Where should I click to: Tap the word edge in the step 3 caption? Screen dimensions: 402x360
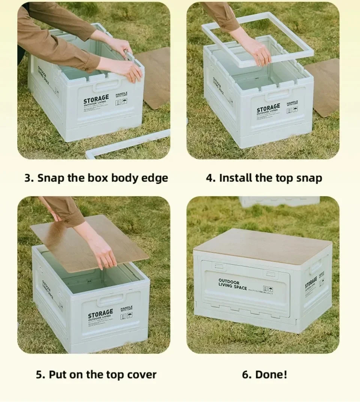[x=154, y=178]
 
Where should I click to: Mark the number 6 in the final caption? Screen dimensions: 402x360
[x=246, y=374]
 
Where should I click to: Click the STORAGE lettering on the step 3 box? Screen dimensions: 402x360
[x=96, y=100]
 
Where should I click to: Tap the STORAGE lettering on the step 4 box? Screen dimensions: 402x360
[x=268, y=108]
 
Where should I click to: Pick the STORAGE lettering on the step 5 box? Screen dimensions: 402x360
[x=100, y=313]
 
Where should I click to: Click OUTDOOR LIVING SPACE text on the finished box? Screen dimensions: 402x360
[x=232, y=284]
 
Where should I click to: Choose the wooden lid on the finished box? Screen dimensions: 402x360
[x=262, y=245]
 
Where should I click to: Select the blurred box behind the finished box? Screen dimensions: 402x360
[x=279, y=201]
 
